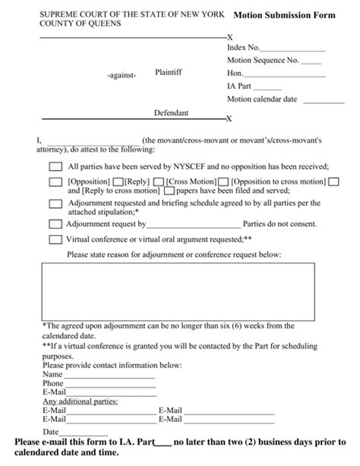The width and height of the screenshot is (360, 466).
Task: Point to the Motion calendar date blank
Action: [x=324, y=99]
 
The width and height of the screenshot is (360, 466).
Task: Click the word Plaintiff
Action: [x=169, y=72]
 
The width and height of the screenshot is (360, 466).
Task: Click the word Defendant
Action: [x=172, y=112]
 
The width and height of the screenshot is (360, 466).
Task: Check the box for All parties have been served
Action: [x=55, y=166]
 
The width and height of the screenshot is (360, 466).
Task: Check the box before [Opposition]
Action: [x=55, y=182]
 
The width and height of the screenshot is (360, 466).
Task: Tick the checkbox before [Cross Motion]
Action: [x=159, y=182]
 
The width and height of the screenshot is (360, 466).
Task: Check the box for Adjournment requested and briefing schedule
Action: [x=55, y=204]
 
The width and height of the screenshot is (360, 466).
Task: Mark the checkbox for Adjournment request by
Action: [x=55, y=224]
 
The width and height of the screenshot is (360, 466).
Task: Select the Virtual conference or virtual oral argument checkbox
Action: [x=55, y=239]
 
